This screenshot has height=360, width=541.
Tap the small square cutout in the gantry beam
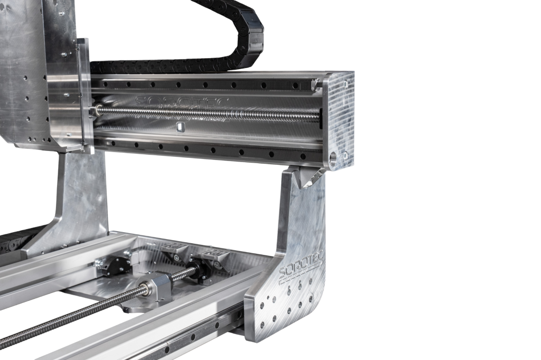(x=180, y=127)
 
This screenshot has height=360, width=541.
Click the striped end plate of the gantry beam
(x=338, y=121)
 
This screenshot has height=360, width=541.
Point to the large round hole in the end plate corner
(x=334, y=159)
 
